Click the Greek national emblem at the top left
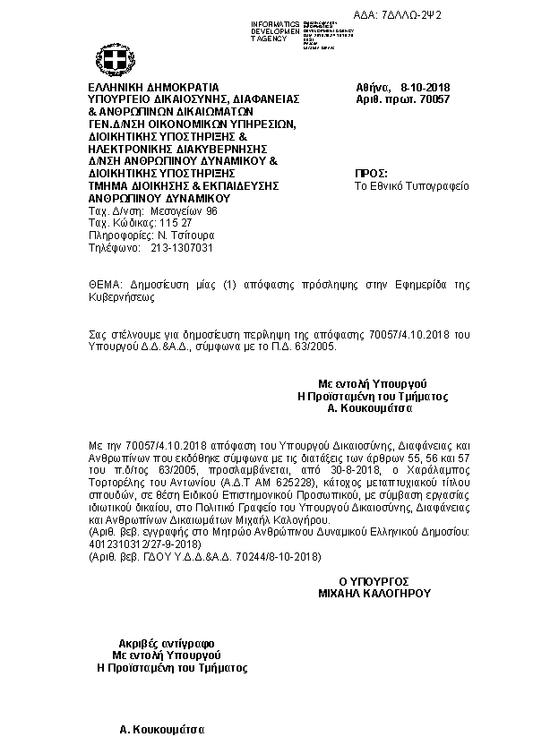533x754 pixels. (x=114, y=61)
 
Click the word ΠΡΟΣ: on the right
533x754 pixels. (x=371, y=173)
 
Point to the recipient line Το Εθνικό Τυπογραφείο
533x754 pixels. (x=412, y=186)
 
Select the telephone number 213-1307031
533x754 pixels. (x=182, y=247)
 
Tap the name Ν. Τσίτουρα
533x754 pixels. (x=183, y=235)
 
